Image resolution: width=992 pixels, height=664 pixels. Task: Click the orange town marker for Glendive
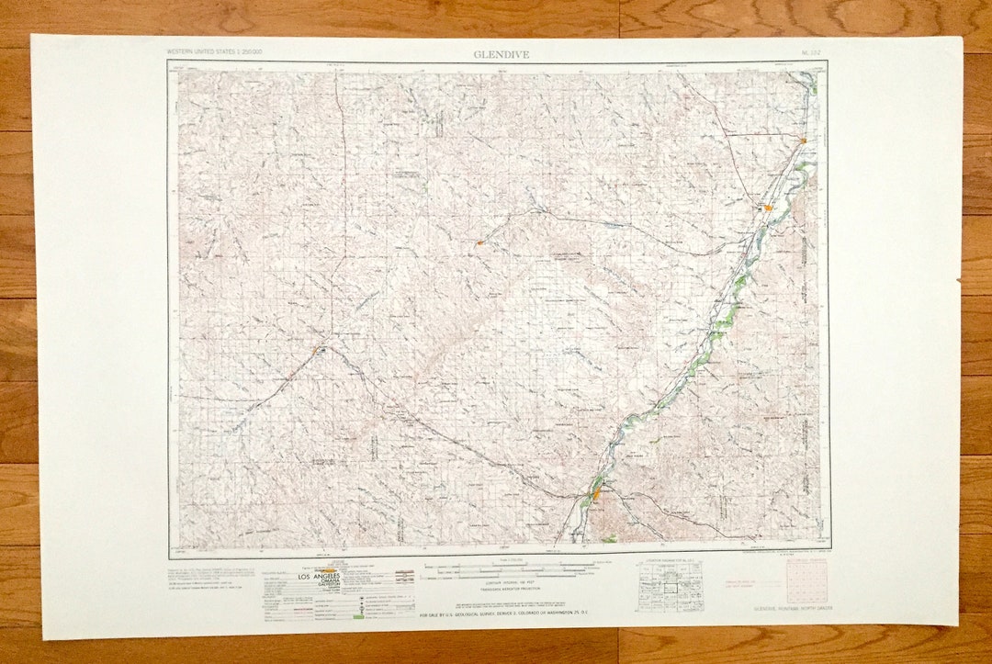click(595, 495)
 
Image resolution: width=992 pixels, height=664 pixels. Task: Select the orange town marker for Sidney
click(768, 208)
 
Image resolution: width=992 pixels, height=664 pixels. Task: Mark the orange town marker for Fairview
click(803, 141)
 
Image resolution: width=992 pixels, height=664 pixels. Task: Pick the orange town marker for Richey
click(479, 242)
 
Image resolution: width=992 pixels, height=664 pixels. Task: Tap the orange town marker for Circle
click(320, 349)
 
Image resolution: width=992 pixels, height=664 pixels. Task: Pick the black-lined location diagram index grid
click(671, 588)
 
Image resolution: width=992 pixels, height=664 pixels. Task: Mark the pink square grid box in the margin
click(806, 581)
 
